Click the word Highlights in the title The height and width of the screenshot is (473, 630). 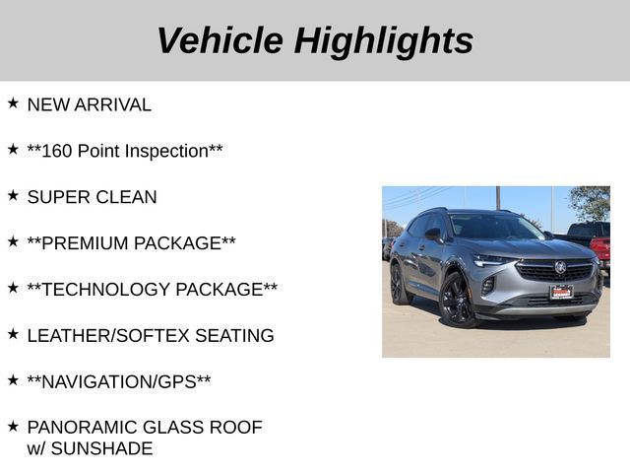(x=383, y=40)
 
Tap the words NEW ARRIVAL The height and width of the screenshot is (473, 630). (x=89, y=104)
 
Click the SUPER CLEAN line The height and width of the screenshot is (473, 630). (x=92, y=197)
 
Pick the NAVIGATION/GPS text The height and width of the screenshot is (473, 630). (x=118, y=381)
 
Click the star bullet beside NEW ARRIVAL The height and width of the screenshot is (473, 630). (x=13, y=102)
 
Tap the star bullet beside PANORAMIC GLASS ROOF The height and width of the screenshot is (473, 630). (x=13, y=426)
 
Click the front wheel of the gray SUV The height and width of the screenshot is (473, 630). (x=458, y=300)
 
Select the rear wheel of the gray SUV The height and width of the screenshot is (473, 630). (x=398, y=284)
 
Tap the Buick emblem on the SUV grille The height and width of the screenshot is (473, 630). (x=560, y=267)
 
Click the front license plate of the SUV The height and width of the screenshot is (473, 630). (x=561, y=292)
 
